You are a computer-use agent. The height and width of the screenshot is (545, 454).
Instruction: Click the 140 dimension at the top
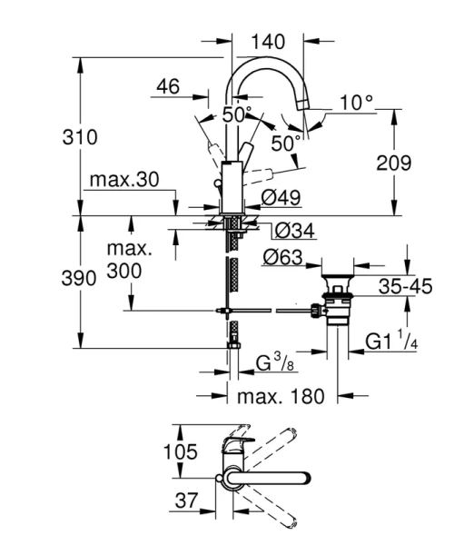(267, 41)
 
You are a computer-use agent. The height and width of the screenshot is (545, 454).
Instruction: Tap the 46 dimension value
(167, 87)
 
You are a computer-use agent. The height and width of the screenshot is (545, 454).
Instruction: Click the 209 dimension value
(392, 163)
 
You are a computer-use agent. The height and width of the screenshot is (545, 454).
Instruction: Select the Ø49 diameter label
(281, 197)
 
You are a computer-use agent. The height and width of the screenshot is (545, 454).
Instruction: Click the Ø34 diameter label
(294, 232)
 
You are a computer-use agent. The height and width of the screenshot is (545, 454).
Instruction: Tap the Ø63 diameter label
(282, 258)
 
